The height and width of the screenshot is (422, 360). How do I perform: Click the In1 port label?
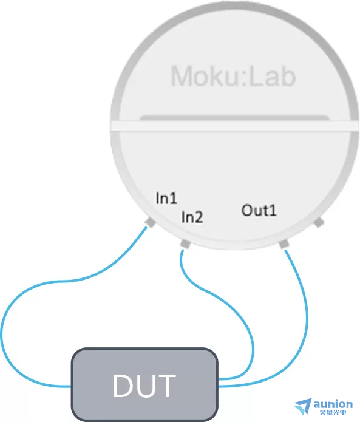pyautogui.click(x=166, y=198)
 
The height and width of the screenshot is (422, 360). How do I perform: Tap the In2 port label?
pyautogui.click(x=192, y=217)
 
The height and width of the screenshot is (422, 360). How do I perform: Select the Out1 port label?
pyautogui.click(x=259, y=210)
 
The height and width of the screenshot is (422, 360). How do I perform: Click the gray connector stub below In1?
pyautogui.click(x=150, y=223)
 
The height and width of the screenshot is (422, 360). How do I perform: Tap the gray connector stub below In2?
pyautogui.click(x=185, y=244)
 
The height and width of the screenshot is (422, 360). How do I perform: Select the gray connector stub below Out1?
pyautogui.click(x=284, y=245)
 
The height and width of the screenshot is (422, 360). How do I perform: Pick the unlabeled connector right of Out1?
pyautogui.click(x=319, y=223)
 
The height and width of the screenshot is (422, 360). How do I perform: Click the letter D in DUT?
pyautogui.click(x=124, y=386)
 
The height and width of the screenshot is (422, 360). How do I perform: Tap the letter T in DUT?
pyautogui.click(x=166, y=386)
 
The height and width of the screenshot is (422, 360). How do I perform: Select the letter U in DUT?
pyautogui.click(x=146, y=386)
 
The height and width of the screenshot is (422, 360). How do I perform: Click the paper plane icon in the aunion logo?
pyautogui.click(x=303, y=406)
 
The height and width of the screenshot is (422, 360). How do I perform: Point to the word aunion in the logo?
pyautogui.click(x=333, y=404)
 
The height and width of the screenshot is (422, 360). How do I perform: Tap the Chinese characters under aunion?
pyautogui.click(x=333, y=412)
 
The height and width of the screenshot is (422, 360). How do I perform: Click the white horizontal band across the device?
pyautogui.click(x=234, y=126)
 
